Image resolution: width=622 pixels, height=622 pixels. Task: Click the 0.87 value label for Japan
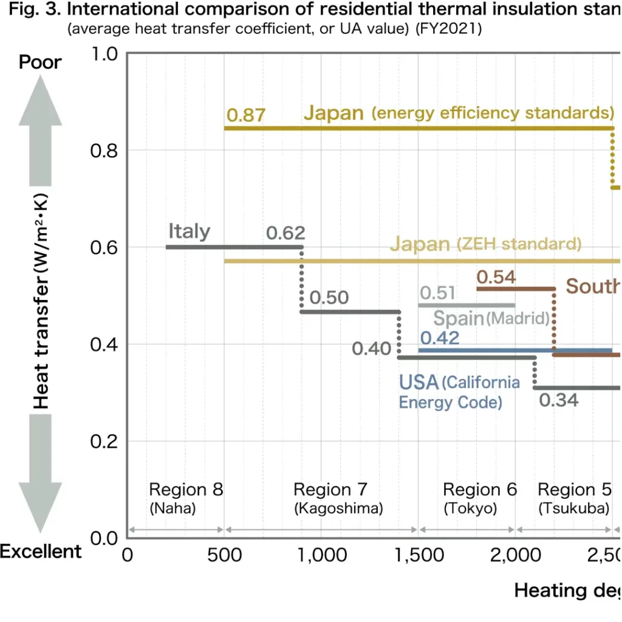tap(245, 115)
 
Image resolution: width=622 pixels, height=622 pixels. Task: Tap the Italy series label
tap(189, 231)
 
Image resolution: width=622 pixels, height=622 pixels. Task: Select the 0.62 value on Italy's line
tap(285, 233)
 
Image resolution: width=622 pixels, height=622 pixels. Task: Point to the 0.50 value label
tap(329, 298)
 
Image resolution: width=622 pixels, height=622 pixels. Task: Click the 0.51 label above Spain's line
tap(437, 293)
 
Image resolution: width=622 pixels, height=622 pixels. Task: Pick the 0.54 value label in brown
tap(496, 278)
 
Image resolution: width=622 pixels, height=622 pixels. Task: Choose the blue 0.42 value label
tap(440, 338)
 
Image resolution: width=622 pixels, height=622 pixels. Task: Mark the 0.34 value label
tap(558, 400)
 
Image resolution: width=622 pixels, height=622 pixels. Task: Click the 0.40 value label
tap(371, 349)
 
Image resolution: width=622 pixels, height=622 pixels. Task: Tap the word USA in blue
tap(419, 383)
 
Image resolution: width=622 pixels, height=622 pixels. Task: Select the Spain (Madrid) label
tap(491, 318)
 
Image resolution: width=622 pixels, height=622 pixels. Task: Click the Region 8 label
tap(186, 490)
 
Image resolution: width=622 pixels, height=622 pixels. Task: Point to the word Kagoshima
tap(338, 508)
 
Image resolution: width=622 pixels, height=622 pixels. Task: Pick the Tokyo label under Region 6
tap(470, 508)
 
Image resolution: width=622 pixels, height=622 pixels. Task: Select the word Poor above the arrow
tap(40, 62)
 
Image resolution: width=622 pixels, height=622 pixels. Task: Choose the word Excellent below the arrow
tap(40, 552)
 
